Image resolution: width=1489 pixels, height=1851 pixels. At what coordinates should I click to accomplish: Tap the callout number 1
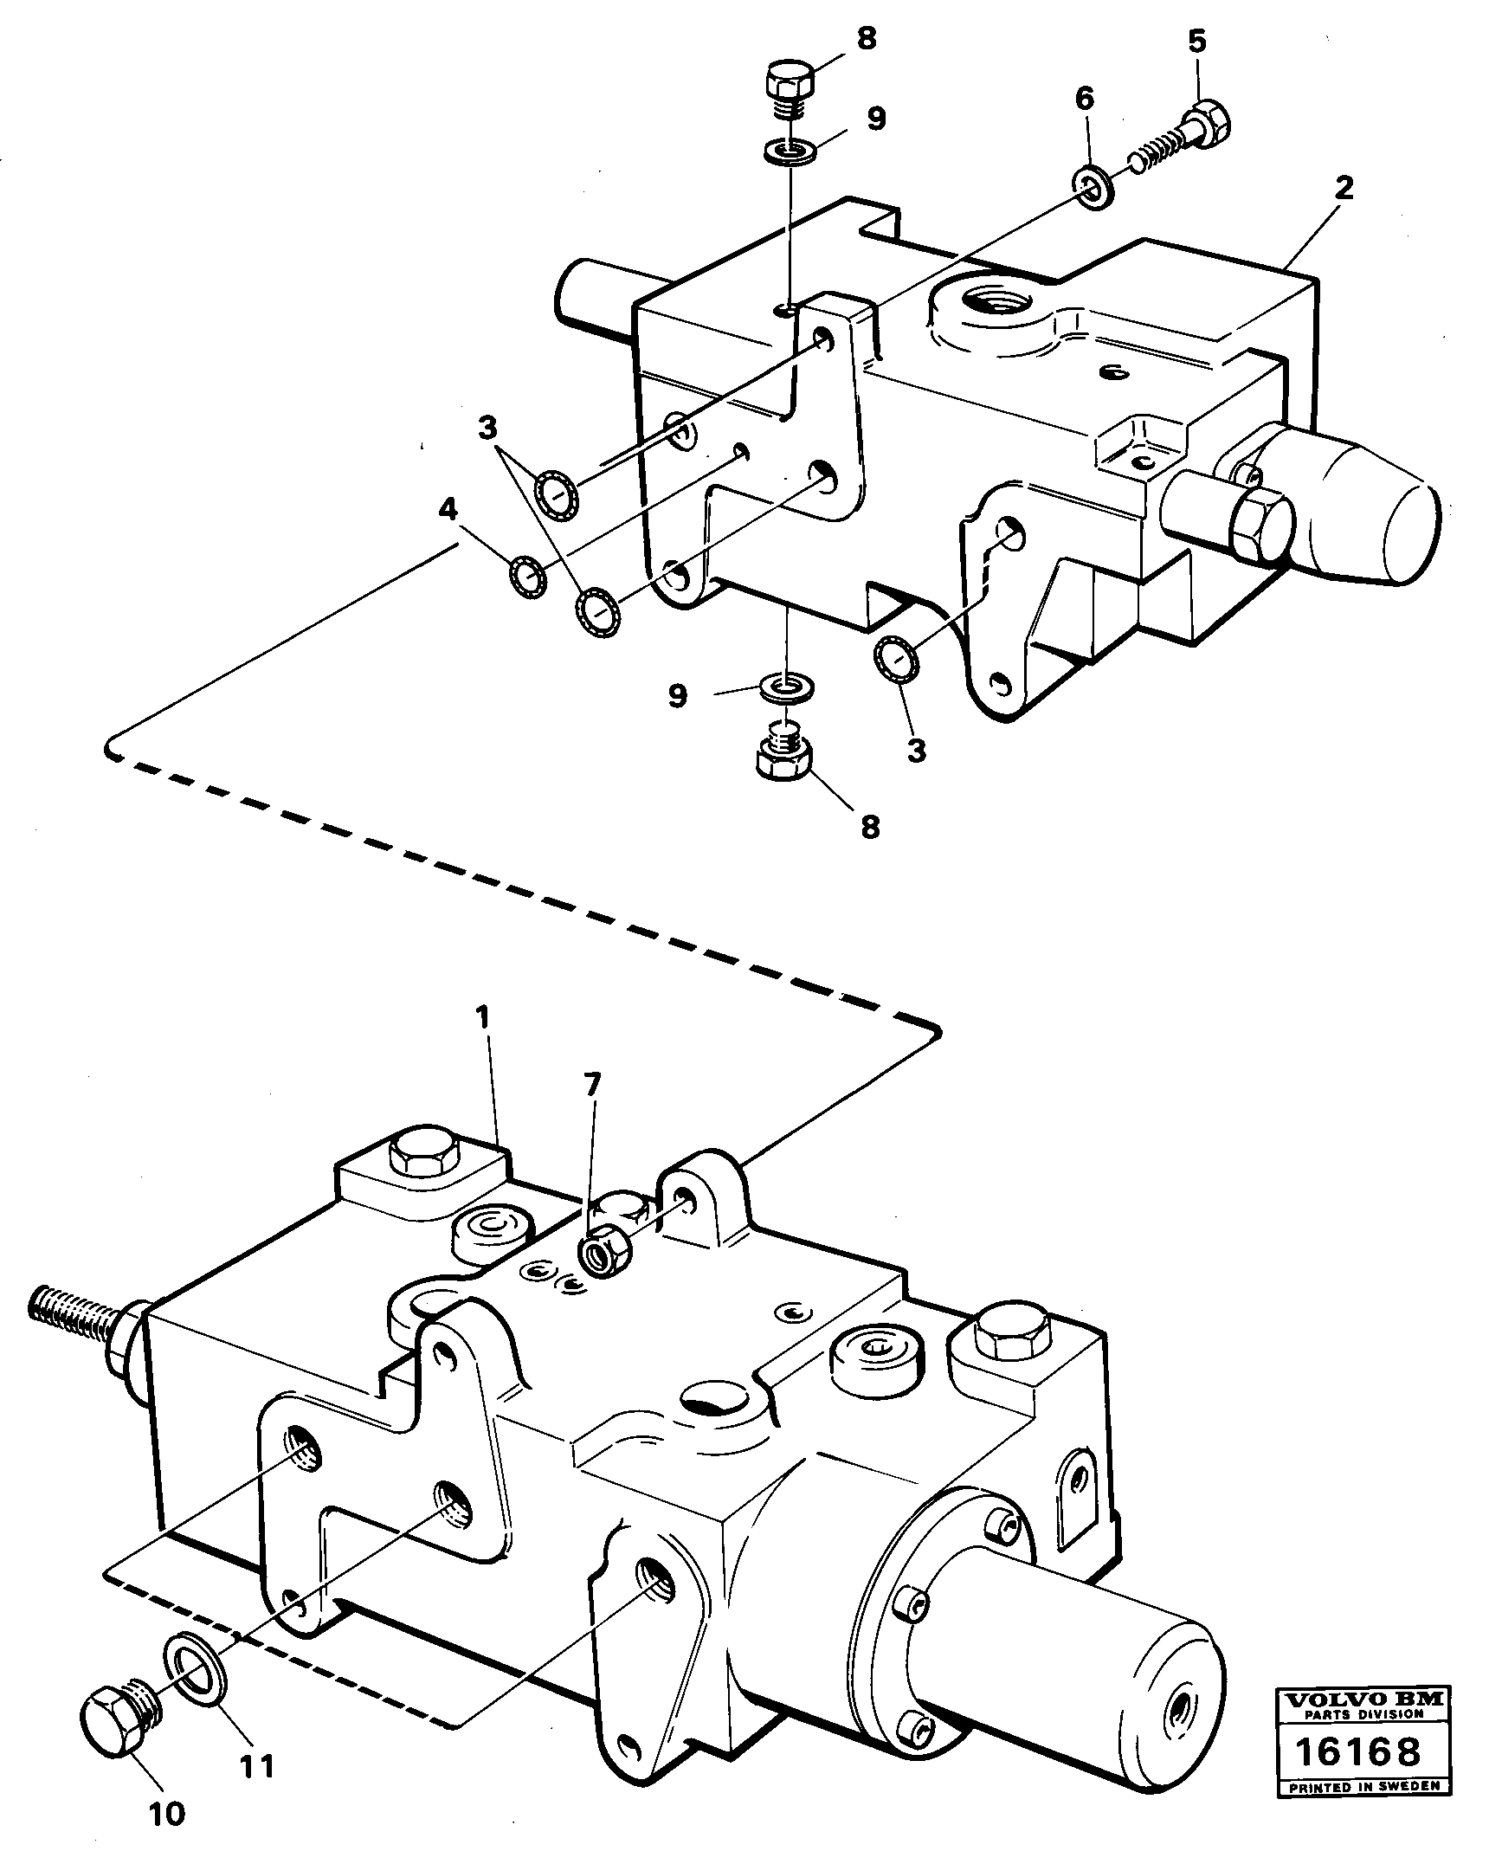tap(482, 1017)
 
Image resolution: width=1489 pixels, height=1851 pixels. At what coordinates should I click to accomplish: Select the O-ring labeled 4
tap(526, 577)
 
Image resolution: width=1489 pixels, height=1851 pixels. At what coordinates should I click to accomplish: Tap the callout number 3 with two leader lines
tap(488, 426)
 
